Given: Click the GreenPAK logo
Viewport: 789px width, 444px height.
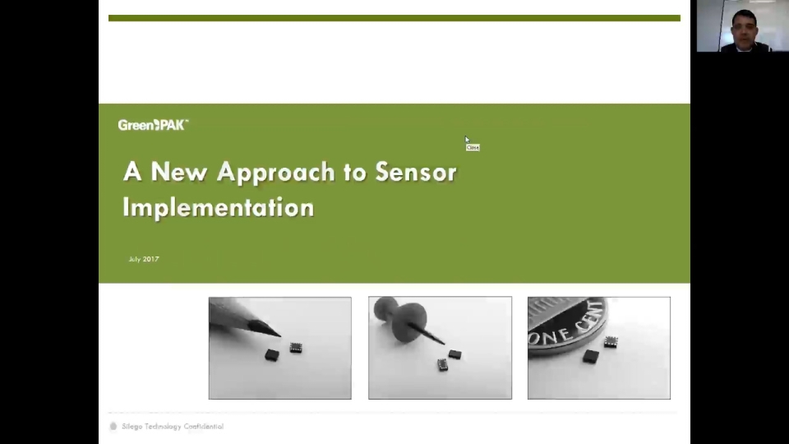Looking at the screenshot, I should point(153,125).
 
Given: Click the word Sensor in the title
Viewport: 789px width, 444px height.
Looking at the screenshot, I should point(415,172).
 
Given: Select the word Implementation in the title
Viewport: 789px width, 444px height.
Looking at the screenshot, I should point(218,206).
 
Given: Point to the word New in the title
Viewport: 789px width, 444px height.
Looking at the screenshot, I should point(179,172).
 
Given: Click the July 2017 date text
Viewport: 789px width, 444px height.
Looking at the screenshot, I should point(144,259).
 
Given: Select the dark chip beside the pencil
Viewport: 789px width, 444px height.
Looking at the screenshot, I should point(272,354).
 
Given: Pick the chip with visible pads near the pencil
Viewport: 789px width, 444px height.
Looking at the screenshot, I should point(296,349).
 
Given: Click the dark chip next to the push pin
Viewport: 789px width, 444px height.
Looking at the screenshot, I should point(454,354).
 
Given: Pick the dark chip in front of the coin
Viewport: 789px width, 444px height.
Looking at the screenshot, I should point(591,356).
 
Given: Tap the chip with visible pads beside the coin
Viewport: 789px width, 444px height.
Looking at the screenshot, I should point(611,341).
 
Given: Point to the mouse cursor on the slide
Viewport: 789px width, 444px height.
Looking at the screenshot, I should point(467,140).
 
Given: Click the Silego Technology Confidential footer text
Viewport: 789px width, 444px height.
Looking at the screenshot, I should point(173,427).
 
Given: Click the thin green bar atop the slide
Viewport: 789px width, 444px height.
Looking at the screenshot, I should point(394,18).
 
